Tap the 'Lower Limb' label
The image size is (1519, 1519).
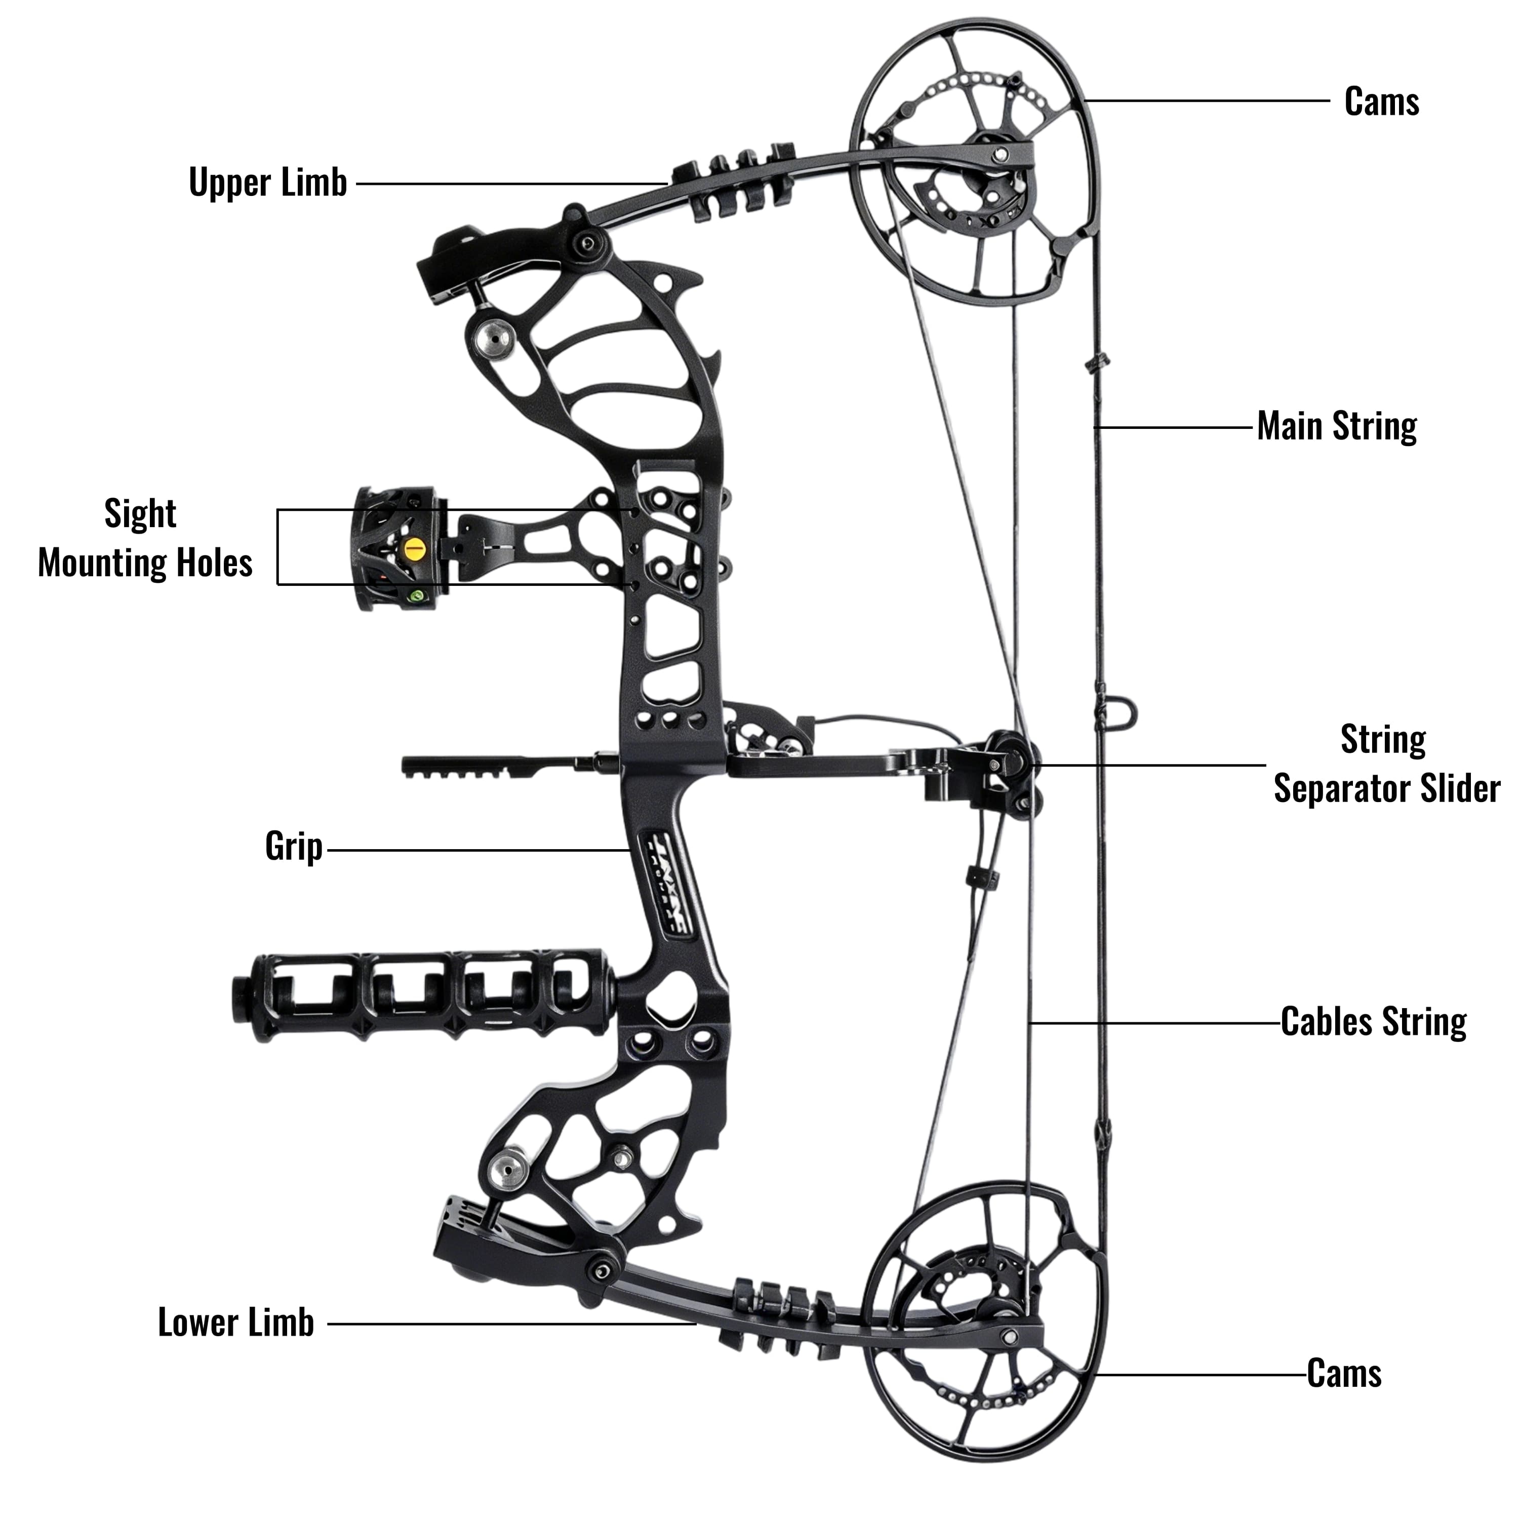(236, 1323)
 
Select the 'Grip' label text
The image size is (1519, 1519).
(293, 847)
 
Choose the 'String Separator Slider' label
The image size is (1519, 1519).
(1386, 764)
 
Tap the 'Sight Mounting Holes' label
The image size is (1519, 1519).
(145, 539)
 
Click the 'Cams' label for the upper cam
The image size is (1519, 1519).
(1381, 101)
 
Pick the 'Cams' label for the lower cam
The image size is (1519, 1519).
(1344, 1374)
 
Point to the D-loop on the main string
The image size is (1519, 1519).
(1123, 714)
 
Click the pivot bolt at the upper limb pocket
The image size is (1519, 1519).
(585, 245)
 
